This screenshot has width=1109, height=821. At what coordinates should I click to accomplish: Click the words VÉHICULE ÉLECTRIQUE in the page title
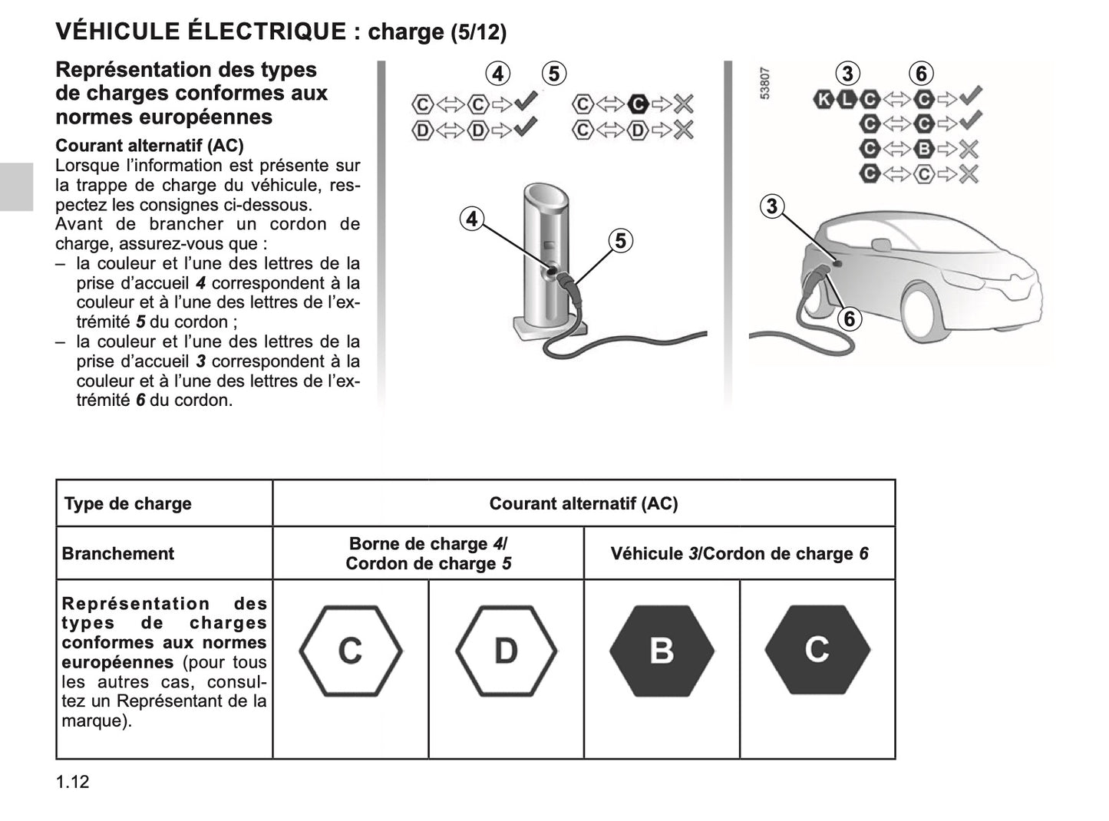tap(201, 31)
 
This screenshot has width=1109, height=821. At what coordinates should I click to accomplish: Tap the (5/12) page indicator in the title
tap(478, 32)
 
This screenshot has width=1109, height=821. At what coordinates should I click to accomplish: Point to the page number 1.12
tap(72, 782)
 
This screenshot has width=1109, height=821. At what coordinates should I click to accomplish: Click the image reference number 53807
tap(765, 84)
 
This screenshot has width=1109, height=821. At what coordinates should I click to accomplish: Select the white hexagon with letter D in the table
tap(506, 651)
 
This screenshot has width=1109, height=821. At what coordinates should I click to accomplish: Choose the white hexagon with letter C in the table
tap(350, 651)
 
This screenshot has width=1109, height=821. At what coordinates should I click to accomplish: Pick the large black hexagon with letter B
tap(662, 651)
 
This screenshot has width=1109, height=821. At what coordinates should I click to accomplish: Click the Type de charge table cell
tap(128, 504)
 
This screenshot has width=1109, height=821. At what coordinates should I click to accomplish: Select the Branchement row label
tap(118, 554)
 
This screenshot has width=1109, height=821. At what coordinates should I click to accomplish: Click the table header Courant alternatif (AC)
tap(583, 504)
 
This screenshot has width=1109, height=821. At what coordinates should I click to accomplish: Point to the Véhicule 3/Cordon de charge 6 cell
tap(739, 554)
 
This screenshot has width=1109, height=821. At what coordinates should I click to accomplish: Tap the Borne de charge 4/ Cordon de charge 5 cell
tap(427, 554)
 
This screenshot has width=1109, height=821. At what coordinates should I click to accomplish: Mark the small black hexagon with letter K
tap(823, 98)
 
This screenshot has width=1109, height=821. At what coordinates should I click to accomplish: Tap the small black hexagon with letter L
tap(847, 98)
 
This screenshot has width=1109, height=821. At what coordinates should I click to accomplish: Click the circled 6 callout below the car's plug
tap(849, 318)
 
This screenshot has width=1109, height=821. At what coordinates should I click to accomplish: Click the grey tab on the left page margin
tap(16, 186)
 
